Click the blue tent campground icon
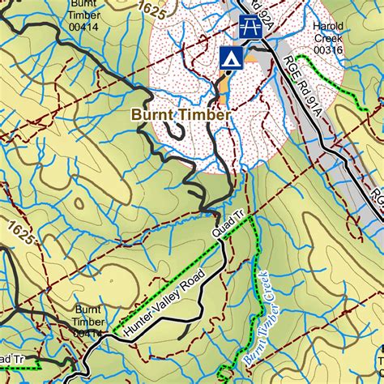pos(231,57)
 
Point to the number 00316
pos(329,50)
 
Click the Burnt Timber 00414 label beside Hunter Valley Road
pos(87,321)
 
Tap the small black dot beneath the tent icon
pos(229,71)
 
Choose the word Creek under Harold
pos(329,38)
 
